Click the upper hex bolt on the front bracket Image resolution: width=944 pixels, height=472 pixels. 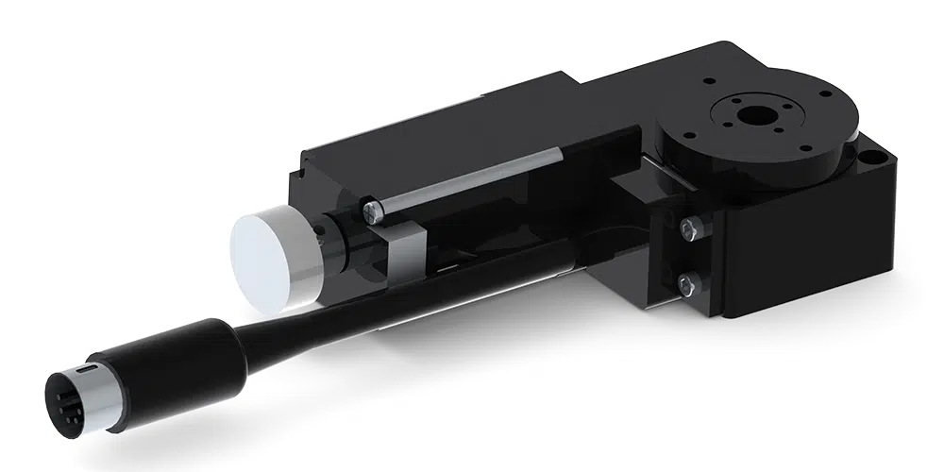(x=692, y=227)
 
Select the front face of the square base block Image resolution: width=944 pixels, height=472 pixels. (x=802, y=255)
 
